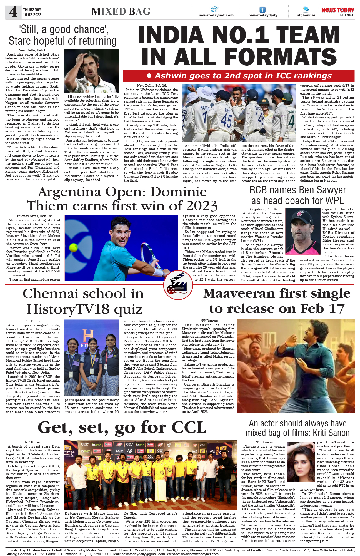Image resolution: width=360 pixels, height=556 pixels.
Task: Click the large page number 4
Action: [x=13, y=12]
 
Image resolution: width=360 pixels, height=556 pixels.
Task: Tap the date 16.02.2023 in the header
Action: [x=32, y=15]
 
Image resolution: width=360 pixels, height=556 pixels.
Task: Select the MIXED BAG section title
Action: [x=121, y=11]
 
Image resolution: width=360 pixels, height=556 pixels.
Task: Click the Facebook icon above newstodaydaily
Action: [x=262, y=9]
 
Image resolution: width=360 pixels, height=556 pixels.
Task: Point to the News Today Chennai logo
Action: [x=338, y=12]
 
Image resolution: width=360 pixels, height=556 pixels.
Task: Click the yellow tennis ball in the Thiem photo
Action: [x=74, y=247]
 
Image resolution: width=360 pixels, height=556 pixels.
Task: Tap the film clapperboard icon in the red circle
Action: [x=178, y=285]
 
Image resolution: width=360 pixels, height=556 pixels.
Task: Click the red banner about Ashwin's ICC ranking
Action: [x=239, y=76]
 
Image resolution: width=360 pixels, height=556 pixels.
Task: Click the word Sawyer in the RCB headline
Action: [x=330, y=190]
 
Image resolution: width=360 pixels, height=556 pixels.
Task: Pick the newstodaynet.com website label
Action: [x=216, y=15]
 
